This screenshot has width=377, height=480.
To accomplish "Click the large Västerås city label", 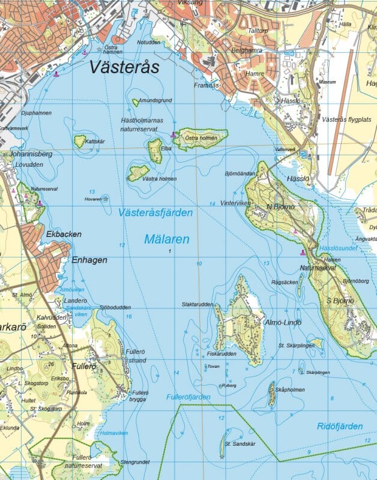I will tap(124, 67).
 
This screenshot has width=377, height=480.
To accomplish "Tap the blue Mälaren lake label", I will tap(167, 239).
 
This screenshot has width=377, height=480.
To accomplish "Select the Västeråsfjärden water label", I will tap(155, 212).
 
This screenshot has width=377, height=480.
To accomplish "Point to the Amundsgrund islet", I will tap(136, 103).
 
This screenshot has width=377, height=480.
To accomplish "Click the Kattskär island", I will tap(80, 141).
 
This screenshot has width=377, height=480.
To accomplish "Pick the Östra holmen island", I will tap(202, 138).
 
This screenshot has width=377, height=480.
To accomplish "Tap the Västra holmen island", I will tap(138, 173).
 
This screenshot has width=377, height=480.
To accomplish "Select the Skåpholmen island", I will tap(272, 394).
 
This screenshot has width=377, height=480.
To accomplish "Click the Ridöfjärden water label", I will tap(340, 426).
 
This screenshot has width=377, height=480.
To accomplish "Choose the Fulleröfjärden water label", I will tap(187, 397).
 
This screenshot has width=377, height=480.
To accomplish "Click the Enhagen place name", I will tap(89, 260).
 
